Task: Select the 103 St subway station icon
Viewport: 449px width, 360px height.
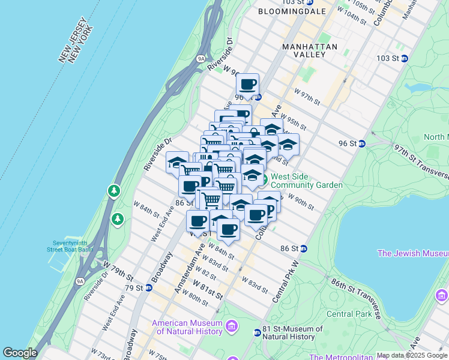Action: tap(405, 58)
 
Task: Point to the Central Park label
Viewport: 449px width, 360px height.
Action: tap(349, 314)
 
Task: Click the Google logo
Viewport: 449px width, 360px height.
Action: tap(20, 353)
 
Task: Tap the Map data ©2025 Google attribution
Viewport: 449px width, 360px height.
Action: tap(412, 355)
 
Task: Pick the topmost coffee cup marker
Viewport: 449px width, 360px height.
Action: tap(247, 85)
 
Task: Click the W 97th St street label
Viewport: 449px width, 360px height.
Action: tap(308, 96)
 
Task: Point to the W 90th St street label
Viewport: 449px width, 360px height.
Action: tap(301, 201)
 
